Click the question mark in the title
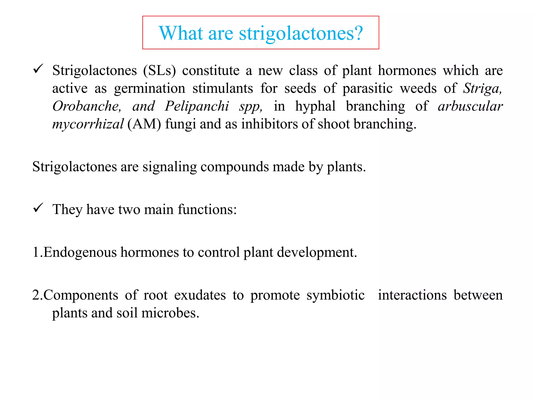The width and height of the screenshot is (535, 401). (357, 33)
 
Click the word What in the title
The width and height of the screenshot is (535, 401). (181, 33)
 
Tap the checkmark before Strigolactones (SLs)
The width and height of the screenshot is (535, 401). (38, 69)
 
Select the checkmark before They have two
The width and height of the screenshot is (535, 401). (38, 208)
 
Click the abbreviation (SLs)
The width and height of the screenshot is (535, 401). (159, 71)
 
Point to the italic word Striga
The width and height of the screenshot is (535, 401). (482, 89)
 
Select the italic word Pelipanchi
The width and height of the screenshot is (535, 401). (197, 106)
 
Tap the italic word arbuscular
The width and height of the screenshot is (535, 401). (470, 106)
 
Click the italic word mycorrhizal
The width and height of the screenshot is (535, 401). (88, 124)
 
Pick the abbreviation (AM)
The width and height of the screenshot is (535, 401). (144, 124)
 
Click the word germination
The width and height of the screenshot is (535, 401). (150, 89)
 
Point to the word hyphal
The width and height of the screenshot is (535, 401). (315, 106)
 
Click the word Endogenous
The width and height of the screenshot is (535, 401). (80, 252)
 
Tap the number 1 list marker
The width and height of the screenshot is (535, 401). (36, 252)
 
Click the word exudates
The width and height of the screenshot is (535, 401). (200, 295)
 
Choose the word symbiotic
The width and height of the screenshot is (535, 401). (335, 295)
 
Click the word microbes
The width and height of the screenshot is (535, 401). (170, 313)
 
